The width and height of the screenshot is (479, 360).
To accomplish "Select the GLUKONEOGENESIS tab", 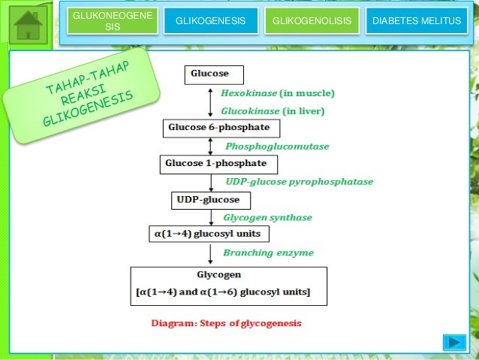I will tap(112, 21).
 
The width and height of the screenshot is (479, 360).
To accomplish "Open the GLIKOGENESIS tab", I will tap(210, 21).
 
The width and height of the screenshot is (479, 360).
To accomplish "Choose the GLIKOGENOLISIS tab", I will tap(311, 21).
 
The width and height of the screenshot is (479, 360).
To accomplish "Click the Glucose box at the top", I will tap(206, 74).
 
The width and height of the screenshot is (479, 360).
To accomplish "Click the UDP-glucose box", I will tap(207, 200).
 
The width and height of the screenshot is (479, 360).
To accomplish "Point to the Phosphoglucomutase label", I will tap(277, 147).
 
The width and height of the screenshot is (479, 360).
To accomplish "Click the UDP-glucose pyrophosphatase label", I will tap(299, 182).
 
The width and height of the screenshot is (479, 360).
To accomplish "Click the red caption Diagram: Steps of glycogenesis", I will tap(226, 324).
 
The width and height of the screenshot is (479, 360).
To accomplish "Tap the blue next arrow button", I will tap(453, 343).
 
